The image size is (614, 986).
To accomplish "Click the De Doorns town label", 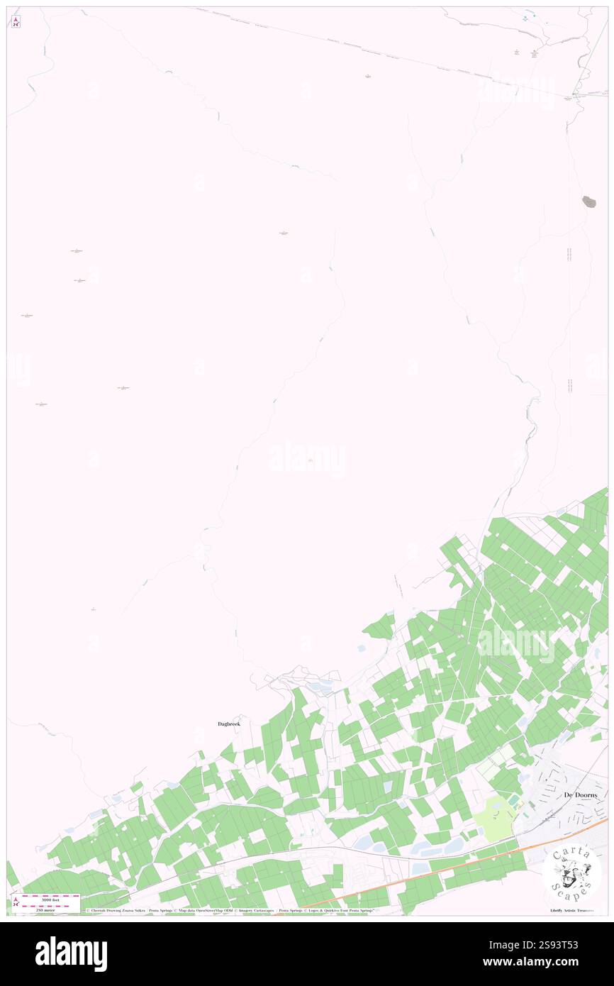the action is click(x=581, y=795).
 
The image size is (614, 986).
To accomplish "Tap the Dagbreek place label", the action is click(x=228, y=723).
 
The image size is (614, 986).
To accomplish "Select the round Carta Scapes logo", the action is click(x=572, y=873).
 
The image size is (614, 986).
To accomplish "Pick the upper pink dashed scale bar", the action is click(x=50, y=896).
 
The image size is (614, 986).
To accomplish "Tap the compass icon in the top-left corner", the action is click(x=16, y=21).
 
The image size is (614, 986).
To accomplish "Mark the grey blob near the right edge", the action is click(x=588, y=201).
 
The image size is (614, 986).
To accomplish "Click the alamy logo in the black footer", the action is click(x=71, y=954).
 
